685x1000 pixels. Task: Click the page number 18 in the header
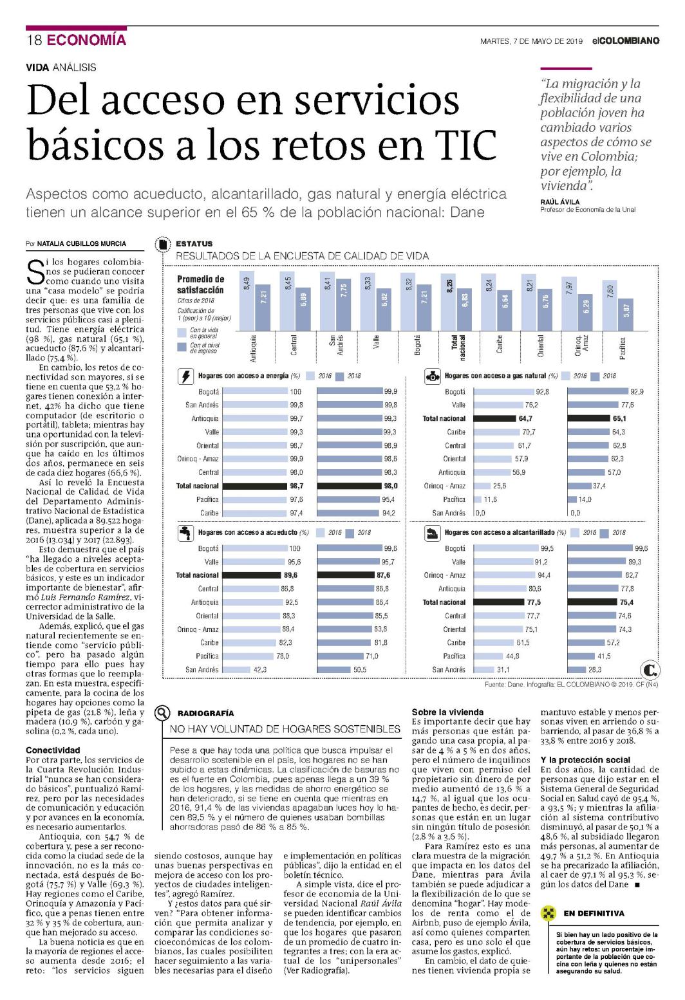pyautogui.click(x=34, y=40)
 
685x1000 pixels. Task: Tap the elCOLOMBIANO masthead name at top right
pyautogui.click(x=626, y=41)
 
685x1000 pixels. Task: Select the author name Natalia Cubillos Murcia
pyautogui.click(x=82, y=244)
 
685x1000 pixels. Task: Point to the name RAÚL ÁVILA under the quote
pyautogui.click(x=559, y=202)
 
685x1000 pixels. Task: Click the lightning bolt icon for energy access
pyautogui.click(x=185, y=376)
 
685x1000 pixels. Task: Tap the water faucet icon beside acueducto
pyautogui.click(x=185, y=533)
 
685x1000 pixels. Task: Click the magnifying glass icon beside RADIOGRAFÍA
pyautogui.click(x=162, y=714)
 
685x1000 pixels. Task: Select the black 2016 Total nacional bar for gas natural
pyautogui.click(x=494, y=419)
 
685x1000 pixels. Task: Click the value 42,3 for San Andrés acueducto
pyautogui.click(x=259, y=670)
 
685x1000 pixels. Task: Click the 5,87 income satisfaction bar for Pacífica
pyautogui.click(x=626, y=315)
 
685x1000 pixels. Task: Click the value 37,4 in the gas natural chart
pyautogui.click(x=599, y=486)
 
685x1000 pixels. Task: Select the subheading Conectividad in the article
pyautogui.click(x=53, y=750)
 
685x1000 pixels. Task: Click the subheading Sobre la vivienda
pyautogui.click(x=447, y=712)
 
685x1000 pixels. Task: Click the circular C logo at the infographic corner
pyautogui.click(x=650, y=670)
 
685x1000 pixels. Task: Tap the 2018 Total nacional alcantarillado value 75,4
pyautogui.click(x=626, y=603)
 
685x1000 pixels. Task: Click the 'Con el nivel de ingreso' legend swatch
pyautogui.click(x=182, y=347)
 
